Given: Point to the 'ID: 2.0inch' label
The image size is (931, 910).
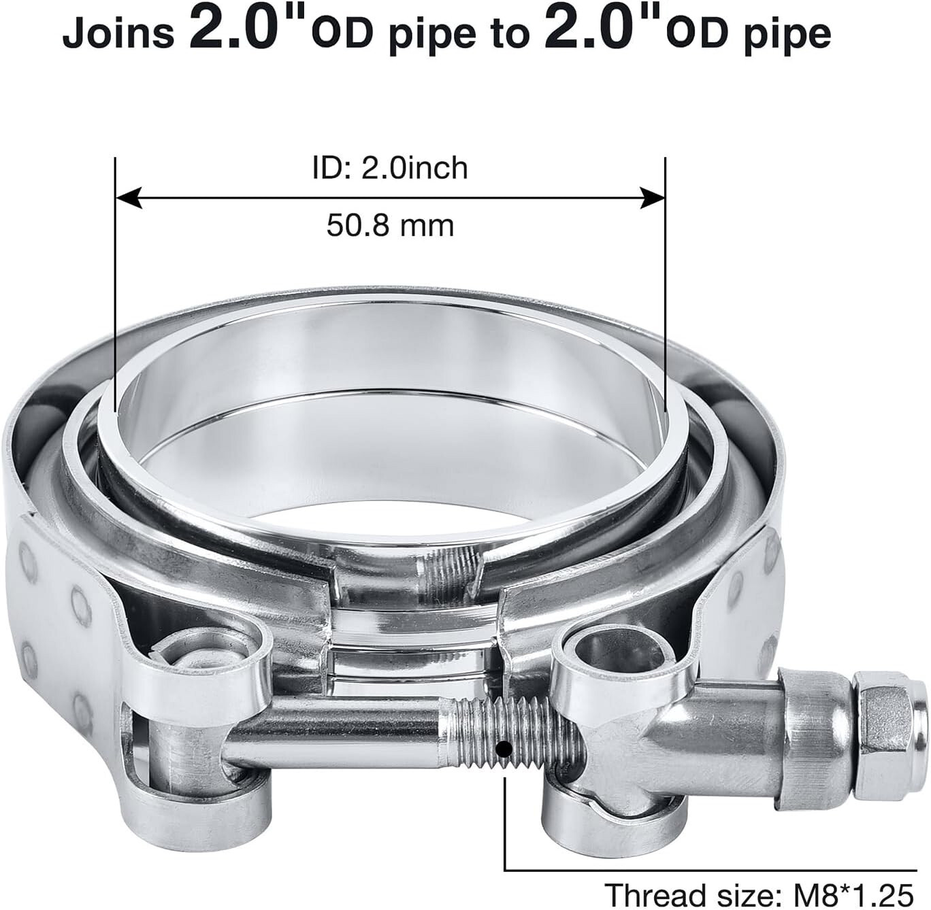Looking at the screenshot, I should [x=390, y=168].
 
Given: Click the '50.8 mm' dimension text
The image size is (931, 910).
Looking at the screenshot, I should [x=390, y=225].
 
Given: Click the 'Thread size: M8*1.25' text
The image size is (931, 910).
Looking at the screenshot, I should [x=758, y=893].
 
